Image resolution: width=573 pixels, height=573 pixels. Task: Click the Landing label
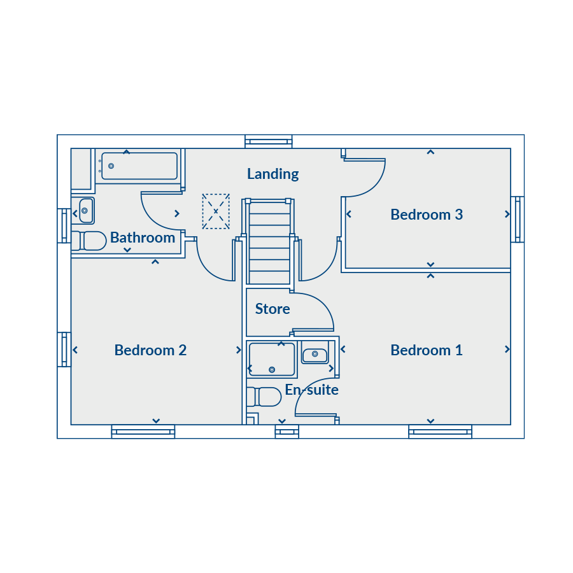tap(273, 174)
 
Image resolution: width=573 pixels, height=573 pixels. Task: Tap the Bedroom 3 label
tap(427, 215)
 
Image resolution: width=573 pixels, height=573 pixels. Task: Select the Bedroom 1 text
tap(427, 350)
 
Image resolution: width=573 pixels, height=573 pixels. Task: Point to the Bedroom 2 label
tap(150, 350)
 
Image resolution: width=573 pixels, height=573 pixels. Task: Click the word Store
tap(272, 309)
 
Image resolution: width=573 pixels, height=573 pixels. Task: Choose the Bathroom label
tap(143, 237)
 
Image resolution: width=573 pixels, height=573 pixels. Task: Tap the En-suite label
tap(312, 390)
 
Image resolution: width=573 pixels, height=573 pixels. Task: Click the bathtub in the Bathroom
tap(139, 166)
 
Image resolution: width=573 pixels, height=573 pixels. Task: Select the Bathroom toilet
tap(88, 241)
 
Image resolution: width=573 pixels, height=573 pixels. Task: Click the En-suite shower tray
tap(272, 360)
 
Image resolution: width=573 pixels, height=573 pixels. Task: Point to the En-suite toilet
tap(264, 397)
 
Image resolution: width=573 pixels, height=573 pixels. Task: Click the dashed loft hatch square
tap(216, 211)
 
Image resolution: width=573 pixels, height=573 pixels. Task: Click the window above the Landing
tap(269, 141)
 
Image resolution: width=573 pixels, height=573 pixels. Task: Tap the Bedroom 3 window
tap(518, 219)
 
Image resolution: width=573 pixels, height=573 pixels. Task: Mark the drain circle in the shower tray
tap(272, 370)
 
